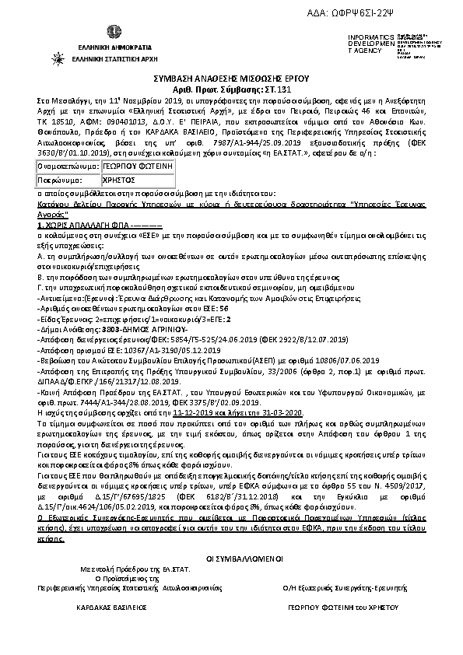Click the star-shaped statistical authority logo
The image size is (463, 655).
[x=58, y=58]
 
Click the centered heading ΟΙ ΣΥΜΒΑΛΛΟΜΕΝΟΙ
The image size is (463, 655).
[x=231, y=559]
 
